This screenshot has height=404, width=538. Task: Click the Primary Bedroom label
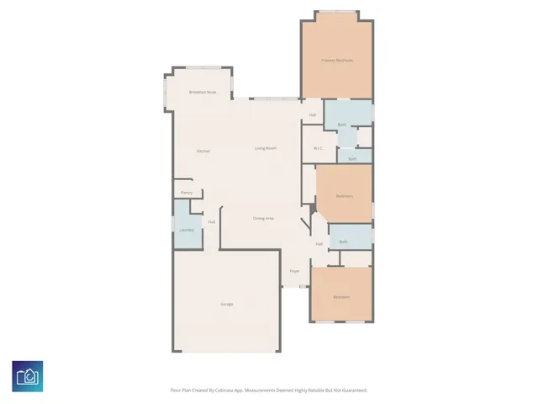(x=337, y=61)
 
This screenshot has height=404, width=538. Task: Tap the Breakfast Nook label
(x=203, y=92)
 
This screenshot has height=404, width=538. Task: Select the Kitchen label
(x=203, y=151)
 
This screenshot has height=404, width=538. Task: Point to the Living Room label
(x=266, y=148)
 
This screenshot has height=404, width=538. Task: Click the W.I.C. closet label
(x=319, y=149)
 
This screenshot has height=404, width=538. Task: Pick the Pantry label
(x=187, y=193)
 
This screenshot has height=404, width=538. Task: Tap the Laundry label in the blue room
(x=187, y=230)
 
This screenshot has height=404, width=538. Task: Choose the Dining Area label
(x=264, y=218)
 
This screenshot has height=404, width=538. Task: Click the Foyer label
(x=295, y=271)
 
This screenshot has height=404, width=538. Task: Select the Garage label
(x=227, y=304)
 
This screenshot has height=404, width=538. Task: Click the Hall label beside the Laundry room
(x=212, y=222)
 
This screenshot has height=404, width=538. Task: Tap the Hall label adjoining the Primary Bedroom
(x=313, y=115)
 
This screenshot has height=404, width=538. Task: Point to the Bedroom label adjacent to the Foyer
(x=340, y=297)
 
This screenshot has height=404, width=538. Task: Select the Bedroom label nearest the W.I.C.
(x=344, y=196)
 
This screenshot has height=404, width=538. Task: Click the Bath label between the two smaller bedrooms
(x=344, y=242)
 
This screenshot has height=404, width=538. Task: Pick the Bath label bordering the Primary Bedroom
(x=342, y=125)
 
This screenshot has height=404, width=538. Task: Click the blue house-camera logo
(x=28, y=376)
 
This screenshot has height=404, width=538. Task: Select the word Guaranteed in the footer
(x=352, y=391)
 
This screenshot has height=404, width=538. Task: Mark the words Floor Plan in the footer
(x=180, y=391)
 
